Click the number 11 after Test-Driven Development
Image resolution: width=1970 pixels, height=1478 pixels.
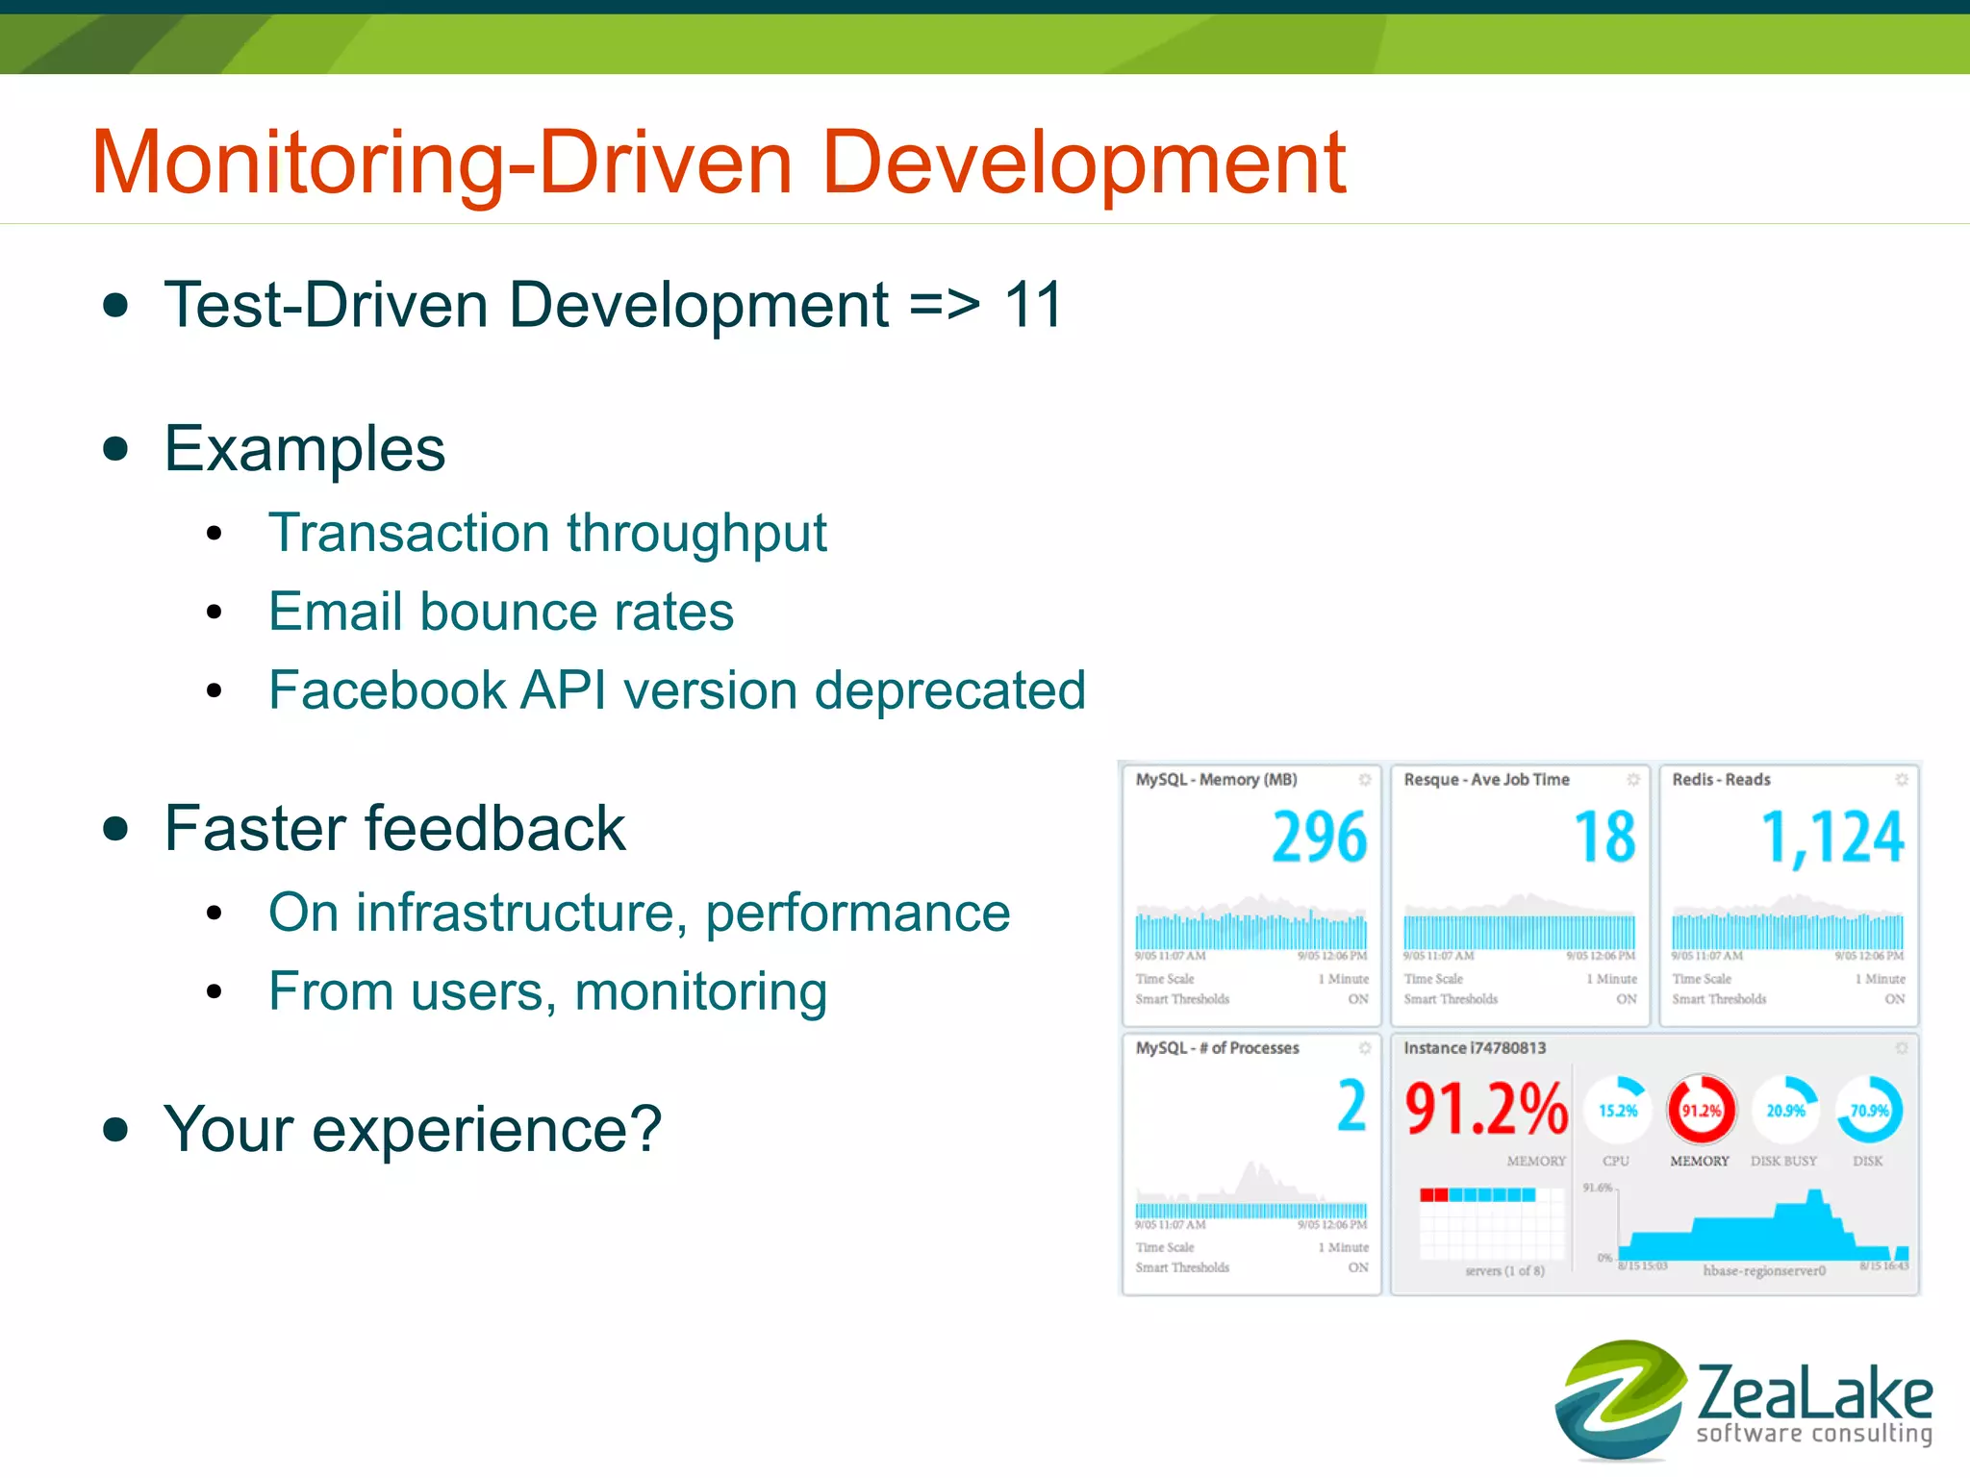1032,306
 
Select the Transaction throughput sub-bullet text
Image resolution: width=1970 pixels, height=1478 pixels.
547,533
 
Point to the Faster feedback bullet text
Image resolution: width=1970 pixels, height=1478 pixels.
394,829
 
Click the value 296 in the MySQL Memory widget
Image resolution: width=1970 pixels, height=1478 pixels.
1319,837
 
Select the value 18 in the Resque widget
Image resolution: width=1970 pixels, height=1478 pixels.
1604,837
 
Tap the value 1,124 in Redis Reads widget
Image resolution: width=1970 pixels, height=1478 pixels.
1832,837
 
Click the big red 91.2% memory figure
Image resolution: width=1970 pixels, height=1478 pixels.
1486,1109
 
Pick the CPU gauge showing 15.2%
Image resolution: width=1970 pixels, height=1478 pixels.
1617,1111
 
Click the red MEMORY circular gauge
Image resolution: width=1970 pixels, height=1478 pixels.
1701,1111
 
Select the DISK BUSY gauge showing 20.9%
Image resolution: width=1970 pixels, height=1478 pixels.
1785,1111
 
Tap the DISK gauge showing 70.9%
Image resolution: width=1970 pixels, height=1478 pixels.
1869,1111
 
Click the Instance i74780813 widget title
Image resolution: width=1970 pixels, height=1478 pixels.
1475,1048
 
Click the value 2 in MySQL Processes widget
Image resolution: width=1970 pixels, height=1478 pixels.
1351,1107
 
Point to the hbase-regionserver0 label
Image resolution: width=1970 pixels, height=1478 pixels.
1763,1270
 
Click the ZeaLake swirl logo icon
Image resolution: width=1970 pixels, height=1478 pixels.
1619,1399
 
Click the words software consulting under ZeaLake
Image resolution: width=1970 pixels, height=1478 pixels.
1814,1434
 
